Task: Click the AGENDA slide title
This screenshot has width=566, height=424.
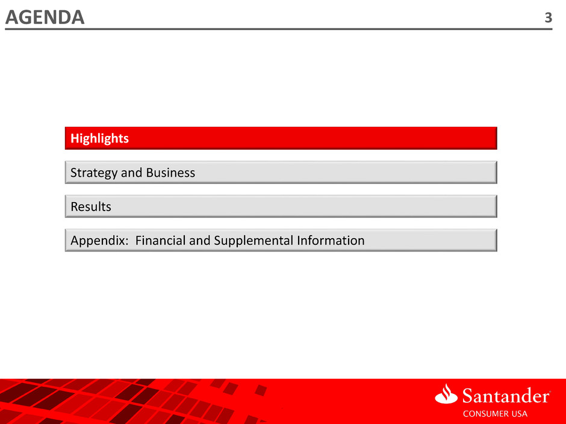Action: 45,17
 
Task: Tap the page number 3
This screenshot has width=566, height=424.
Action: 549,17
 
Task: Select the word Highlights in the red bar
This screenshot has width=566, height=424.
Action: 99,138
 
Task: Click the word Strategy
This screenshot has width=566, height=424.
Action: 94,173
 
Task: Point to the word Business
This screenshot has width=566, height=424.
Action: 170,173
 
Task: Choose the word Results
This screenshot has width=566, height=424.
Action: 91,207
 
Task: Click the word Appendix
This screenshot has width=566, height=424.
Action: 98,241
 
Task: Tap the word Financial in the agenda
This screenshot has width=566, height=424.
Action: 160,241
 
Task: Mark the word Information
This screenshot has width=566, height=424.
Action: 331,241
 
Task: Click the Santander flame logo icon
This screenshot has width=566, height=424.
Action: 446,394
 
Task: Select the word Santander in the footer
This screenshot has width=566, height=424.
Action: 506,396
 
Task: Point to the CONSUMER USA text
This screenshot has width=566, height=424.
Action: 495,414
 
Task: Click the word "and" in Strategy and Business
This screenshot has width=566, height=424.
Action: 131,173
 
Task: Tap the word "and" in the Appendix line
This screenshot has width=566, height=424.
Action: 200,241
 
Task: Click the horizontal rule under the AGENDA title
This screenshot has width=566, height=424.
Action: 279,29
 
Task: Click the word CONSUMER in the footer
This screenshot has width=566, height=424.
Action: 484,414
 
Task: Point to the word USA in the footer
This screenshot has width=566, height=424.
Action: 517,414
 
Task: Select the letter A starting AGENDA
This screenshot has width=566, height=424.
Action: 13,17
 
